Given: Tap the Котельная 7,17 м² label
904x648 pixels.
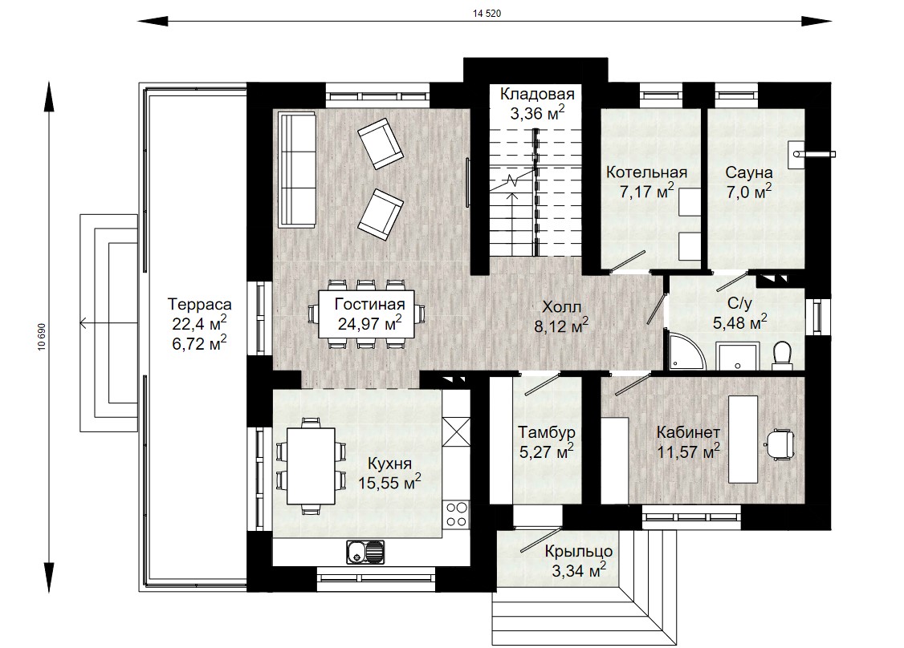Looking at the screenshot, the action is coord(646,182).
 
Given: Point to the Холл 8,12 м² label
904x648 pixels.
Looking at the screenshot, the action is coord(561,316).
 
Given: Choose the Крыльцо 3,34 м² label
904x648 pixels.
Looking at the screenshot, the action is coord(579,561).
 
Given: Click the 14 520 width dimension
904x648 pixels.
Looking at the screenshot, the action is coord(487,14).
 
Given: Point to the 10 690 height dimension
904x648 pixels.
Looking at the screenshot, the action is coord(42,338).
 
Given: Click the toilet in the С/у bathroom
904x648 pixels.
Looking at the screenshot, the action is coord(782,354).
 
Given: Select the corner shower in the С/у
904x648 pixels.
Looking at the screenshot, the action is coord(687,352).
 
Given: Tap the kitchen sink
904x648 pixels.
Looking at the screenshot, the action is coord(365,552).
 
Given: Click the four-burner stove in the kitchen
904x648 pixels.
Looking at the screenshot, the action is coord(456,514).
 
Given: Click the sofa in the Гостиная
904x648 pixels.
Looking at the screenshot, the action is coord(298,170).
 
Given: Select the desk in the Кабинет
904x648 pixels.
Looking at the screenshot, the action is coord(743,439).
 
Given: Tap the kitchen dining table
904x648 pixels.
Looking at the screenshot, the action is coord(311,466).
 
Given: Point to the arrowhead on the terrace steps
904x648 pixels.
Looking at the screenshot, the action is coord(83,323).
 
